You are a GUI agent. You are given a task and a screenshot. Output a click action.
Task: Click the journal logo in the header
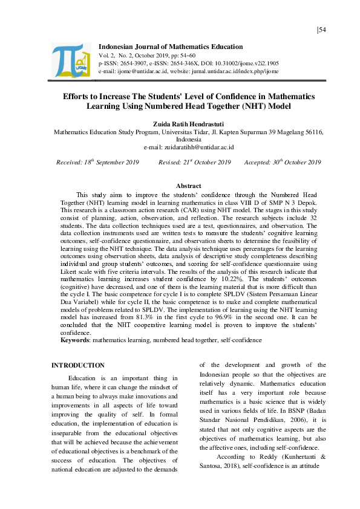[x=70, y=60]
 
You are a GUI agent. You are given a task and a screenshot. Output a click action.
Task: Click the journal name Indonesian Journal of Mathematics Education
[x=171, y=47]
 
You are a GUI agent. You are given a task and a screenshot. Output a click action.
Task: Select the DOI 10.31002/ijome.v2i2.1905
[x=249, y=62]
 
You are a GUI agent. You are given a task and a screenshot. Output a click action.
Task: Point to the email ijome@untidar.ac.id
[x=135, y=71]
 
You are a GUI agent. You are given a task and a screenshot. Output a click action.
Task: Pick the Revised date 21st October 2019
[x=195, y=163]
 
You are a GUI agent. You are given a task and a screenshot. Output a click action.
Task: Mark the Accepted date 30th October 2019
[x=283, y=163]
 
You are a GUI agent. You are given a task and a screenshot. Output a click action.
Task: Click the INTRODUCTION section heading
[x=78, y=366]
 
